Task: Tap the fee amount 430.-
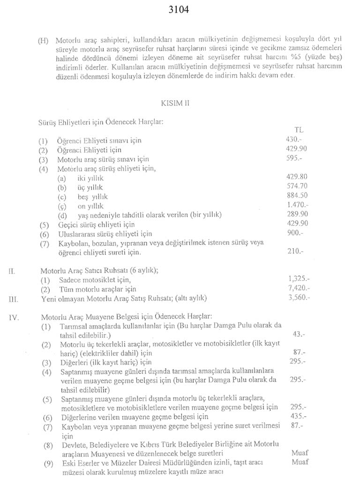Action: [x=294, y=140]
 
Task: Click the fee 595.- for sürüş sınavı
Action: [x=294, y=159]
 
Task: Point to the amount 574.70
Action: [x=296, y=186]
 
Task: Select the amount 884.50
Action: [x=296, y=196]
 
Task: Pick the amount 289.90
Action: [x=296, y=214]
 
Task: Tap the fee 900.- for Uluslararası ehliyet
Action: [x=294, y=233]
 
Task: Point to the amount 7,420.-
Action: [x=299, y=288]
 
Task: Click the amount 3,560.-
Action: [x=299, y=297]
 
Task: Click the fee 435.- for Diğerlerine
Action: [x=298, y=416]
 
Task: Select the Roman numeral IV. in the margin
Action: [x=14, y=317]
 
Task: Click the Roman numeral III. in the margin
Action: [x=14, y=298]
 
